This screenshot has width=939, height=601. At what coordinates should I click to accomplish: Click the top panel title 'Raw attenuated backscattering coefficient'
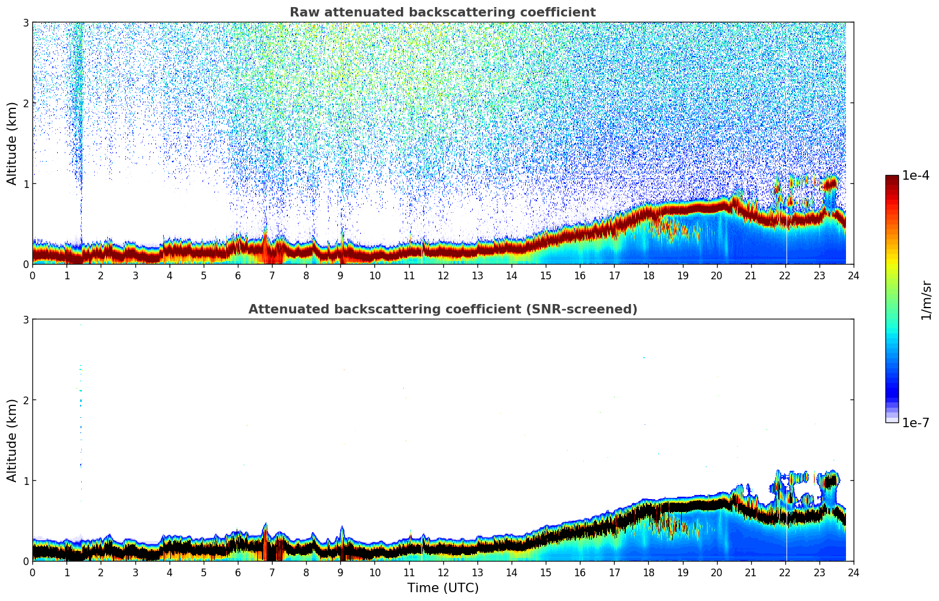[x=442, y=12]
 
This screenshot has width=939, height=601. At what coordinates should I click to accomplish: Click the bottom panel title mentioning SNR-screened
[x=442, y=309]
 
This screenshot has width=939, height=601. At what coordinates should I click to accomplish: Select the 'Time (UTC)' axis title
[x=443, y=588]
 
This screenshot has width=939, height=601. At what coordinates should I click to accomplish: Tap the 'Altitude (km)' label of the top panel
[x=12, y=143]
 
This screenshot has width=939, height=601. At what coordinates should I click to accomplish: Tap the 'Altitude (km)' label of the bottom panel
[x=12, y=440]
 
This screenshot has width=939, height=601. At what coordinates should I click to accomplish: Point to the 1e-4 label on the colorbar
[x=915, y=176]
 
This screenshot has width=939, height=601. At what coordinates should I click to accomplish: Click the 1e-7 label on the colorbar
[x=915, y=422]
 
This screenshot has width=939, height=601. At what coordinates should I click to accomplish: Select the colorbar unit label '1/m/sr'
[x=926, y=300]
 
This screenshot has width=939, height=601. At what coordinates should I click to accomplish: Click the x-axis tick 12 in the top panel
[x=443, y=275]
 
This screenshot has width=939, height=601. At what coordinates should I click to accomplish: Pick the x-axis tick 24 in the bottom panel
[x=853, y=572]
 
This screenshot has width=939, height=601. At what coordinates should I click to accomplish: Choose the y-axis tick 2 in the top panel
[x=25, y=103]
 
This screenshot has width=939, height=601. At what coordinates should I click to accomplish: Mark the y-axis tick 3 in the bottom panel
[x=25, y=319]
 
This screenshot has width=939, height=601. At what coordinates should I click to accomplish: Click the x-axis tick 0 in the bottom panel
[x=32, y=572]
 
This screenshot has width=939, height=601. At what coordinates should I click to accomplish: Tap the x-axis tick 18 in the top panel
[x=648, y=275]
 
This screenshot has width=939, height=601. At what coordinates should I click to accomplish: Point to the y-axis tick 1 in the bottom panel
[x=25, y=481]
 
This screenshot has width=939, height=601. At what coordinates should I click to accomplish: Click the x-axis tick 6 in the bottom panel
[x=238, y=572]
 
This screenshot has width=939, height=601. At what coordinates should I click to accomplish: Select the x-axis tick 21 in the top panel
[x=751, y=275]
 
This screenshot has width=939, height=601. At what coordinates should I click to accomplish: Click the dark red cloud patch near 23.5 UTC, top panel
[x=831, y=184]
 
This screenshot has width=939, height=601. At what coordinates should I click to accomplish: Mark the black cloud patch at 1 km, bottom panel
[x=831, y=481]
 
